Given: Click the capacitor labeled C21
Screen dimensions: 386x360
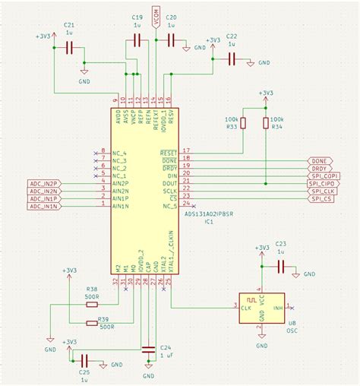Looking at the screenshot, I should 70,47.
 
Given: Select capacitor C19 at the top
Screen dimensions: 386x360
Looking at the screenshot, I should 137,43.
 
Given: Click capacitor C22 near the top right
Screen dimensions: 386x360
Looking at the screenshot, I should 232,62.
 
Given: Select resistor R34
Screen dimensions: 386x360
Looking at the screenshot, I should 266,122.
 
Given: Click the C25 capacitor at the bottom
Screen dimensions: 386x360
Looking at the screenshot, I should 85,359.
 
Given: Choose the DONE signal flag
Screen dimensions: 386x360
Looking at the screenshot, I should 317,161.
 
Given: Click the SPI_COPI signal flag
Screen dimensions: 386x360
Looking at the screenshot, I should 323,176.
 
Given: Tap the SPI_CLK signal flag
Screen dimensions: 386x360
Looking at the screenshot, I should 321,191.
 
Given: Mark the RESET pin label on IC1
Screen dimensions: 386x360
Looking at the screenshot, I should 169,153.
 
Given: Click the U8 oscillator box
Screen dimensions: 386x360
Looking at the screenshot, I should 261,308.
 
